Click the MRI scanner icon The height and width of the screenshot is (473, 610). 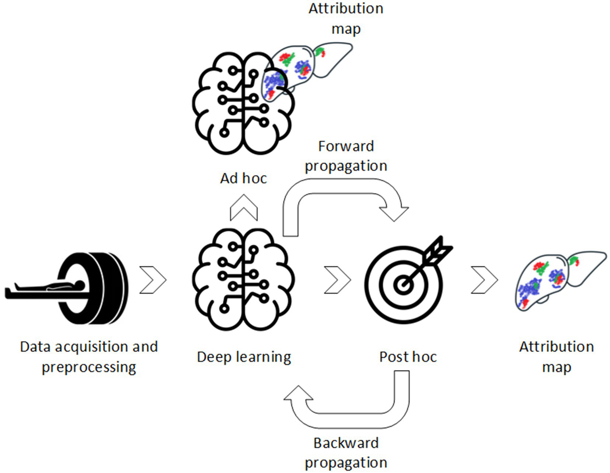pyautogui.click(x=93, y=288)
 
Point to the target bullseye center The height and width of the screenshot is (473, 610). pyautogui.click(x=403, y=285)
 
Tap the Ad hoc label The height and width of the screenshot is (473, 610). pyautogui.click(x=243, y=178)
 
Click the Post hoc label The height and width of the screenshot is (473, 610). pyautogui.click(x=408, y=357)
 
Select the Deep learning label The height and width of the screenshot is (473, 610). pyautogui.click(x=244, y=357)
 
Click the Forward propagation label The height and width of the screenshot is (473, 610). pyautogui.click(x=346, y=156)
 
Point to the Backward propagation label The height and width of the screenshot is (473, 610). pyautogui.click(x=346, y=453)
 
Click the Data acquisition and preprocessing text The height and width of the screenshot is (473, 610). pyautogui.click(x=89, y=357)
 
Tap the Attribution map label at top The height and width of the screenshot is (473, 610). pyautogui.click(x=346, y=19)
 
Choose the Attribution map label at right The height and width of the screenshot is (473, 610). pyautogui.click(x=556, y=357)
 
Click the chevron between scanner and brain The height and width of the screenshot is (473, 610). pyautogui.click(x=153, y=280)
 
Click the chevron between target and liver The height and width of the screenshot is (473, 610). pyautogui.click(x=484, y=280)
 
